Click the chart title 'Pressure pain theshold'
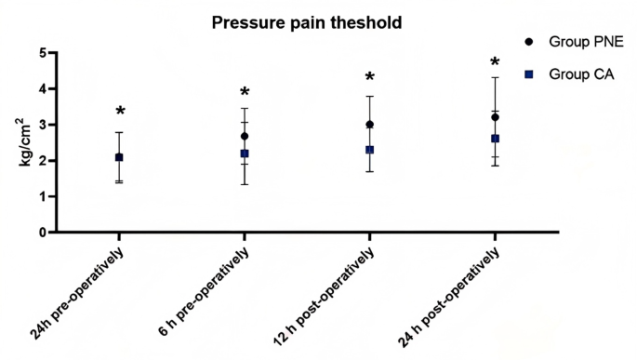[306, 22]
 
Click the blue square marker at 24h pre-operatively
[119, 157]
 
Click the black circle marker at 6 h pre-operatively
[245, 136]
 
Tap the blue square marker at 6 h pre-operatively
[245, 153]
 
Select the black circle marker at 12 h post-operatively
[369, 125]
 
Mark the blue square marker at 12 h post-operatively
[369, 150]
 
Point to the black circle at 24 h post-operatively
[495, 117]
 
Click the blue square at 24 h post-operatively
[495, 139]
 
